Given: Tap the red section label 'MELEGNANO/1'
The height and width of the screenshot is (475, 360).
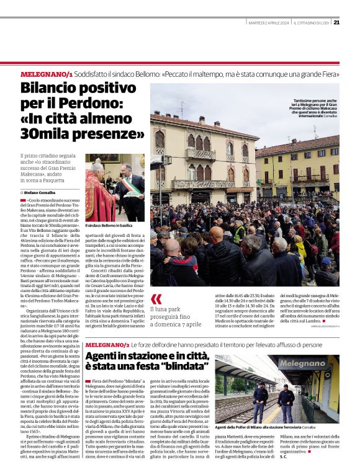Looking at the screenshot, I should coord(47,74).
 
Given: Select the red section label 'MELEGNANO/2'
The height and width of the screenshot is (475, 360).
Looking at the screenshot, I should coord(107,344).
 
